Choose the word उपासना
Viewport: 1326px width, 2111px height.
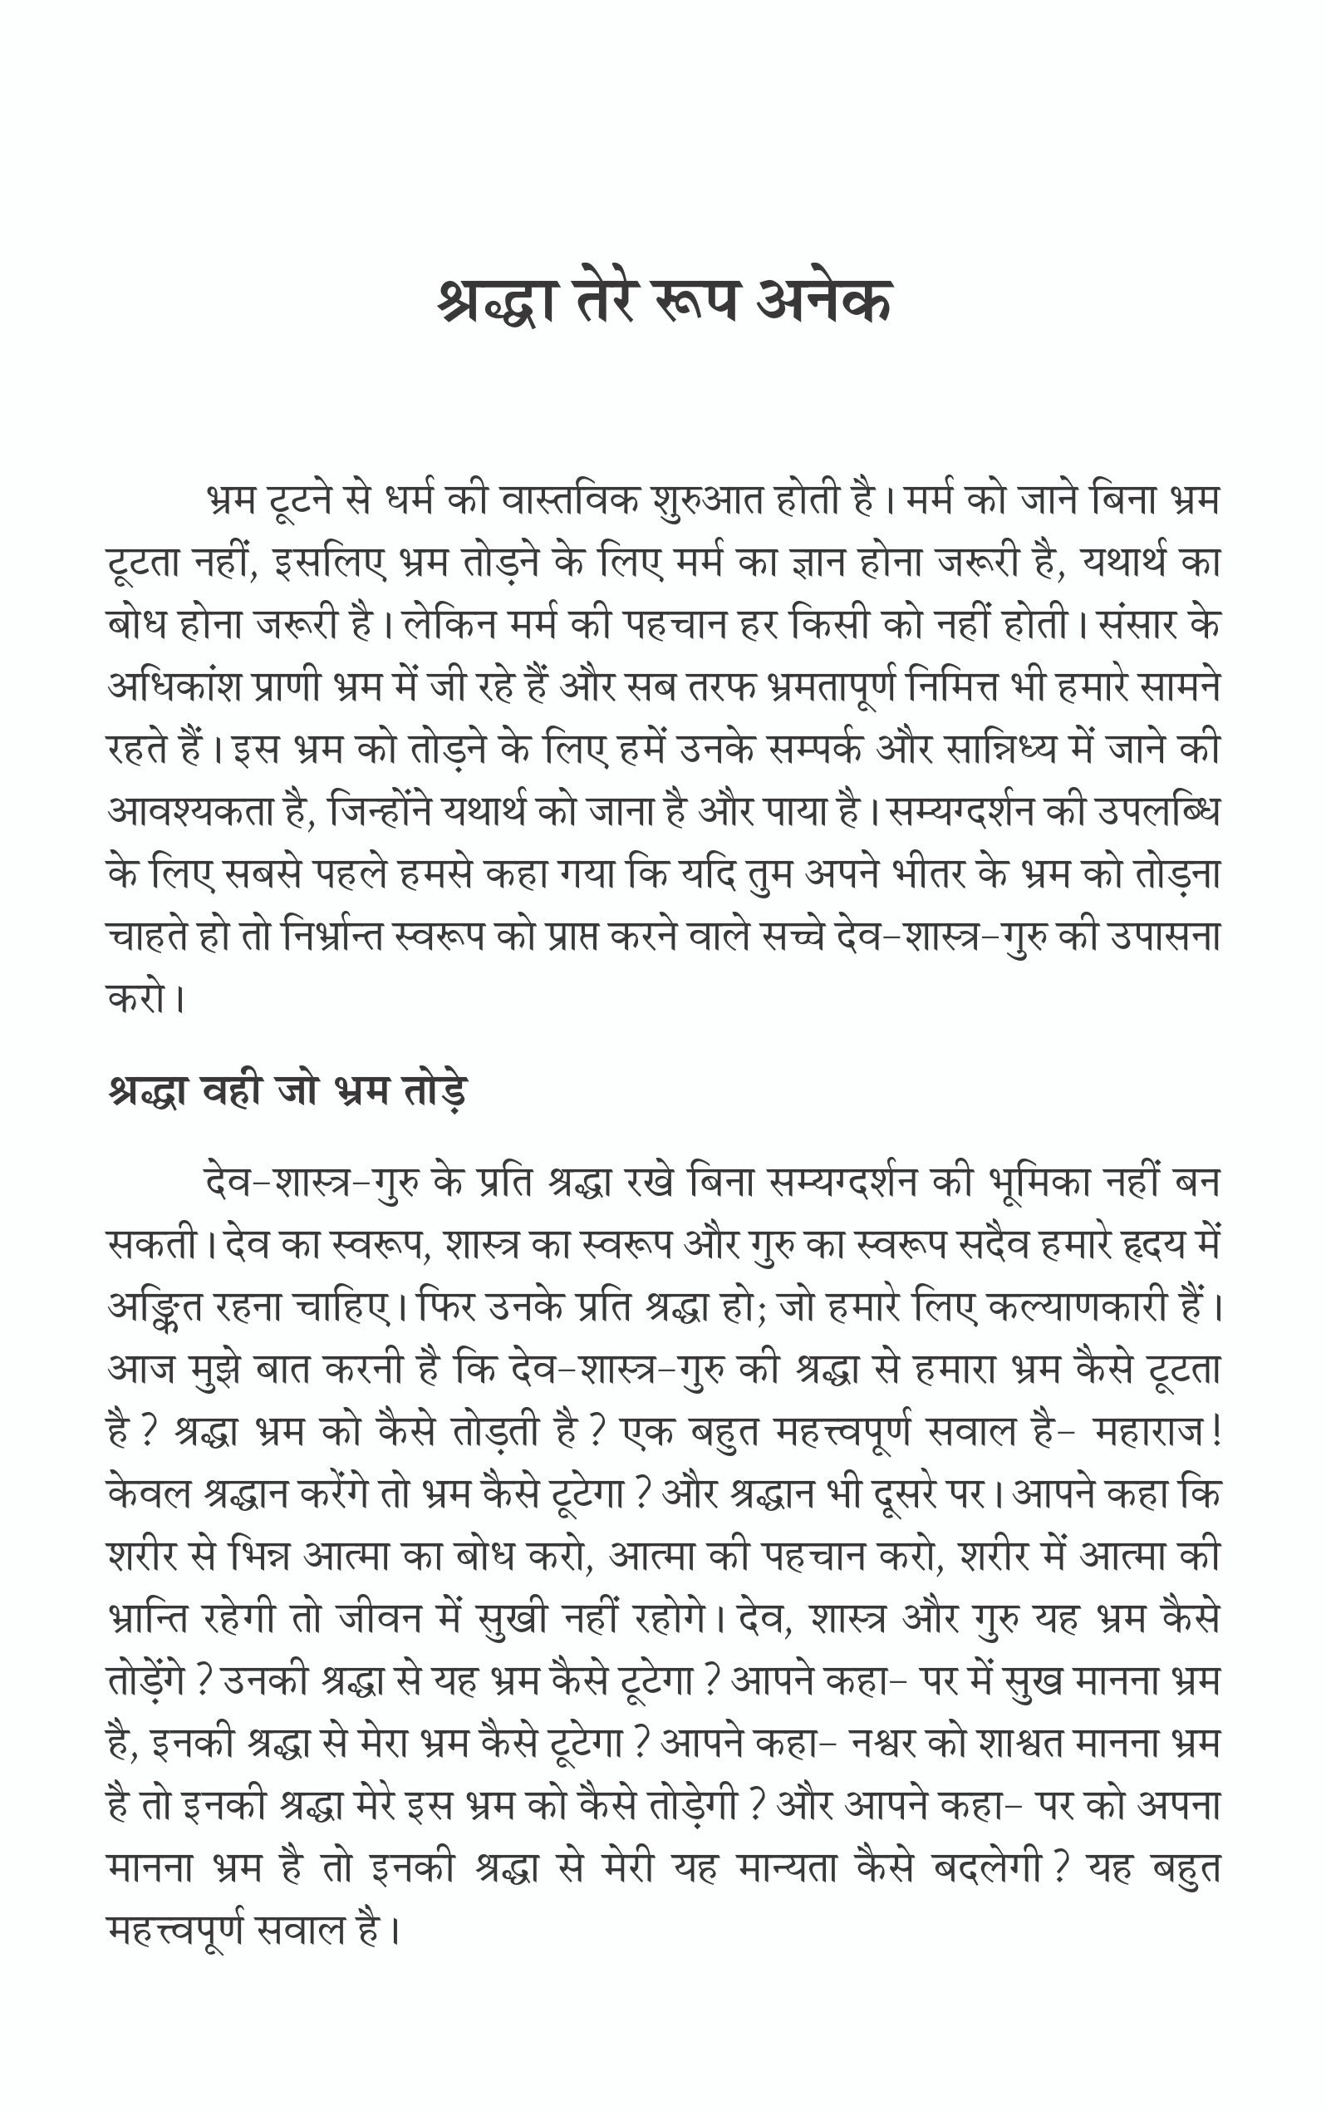tap(1165, 937)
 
